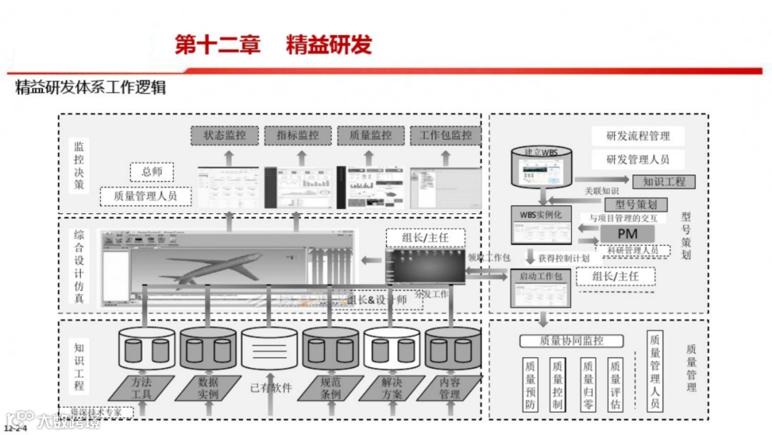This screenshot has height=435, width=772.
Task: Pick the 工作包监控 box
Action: pos(445,135)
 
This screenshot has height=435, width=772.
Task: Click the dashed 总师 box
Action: pos(152,172)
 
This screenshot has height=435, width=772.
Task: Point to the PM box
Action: pos(627,234)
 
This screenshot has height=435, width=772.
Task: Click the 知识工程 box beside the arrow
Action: pos(663,182)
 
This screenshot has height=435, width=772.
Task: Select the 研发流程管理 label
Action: pos(638,136)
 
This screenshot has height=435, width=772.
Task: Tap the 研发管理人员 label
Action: pos(638,159)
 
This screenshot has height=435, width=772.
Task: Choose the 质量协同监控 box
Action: pos(571,341)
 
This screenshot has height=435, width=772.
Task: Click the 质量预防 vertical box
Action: pos(530,384)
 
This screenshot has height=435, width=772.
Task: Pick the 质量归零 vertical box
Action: pos(588,384)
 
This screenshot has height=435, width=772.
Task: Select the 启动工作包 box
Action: pos(540,275)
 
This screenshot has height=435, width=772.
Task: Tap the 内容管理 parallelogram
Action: pos(449,388)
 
